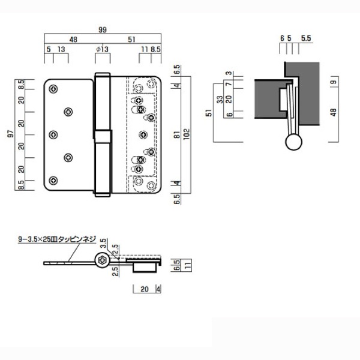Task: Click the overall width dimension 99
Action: pyautogui.click(x=103, y=30)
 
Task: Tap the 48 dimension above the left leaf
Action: pyautogui.click(x=73, y=40)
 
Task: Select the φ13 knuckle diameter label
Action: pyautogui.click(x=103, y=49)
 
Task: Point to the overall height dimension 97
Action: pyautogui.click(x=10, y=134)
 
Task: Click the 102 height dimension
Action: pyautogui.click(x=187, y=134)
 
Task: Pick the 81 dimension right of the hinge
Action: pyautogui.click(x=177, y=135)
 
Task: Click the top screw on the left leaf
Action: pyautogui.click(x=53, y=89)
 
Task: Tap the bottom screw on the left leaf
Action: pyautogui.click(x=53, y=180)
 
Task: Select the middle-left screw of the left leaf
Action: pyautogui.click(x=53, y=135)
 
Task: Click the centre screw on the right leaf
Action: pyautogui.click(x=143, y=135)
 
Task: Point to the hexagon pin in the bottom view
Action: pyautogui.click(x=102, y=260)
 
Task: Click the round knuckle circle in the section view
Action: pyautogui.click(x=293, y=142)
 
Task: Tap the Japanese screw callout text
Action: pyautogui.click(x=57, y=239)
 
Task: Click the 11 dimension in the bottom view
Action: pyautogui.click(x=188, y=265)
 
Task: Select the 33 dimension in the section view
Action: pyautogui.click(x=220, y=100)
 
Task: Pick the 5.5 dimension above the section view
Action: pyautogui.click(x=306, y=38)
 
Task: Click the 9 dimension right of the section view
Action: pyautogui.click(x=334, y=82)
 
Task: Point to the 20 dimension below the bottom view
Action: pyautogui.click(x=145, y=289)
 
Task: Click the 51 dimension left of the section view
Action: pyautogui.click(x=209, y=113)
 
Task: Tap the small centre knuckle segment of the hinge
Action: pyautogui.click(x=103, y=137)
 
